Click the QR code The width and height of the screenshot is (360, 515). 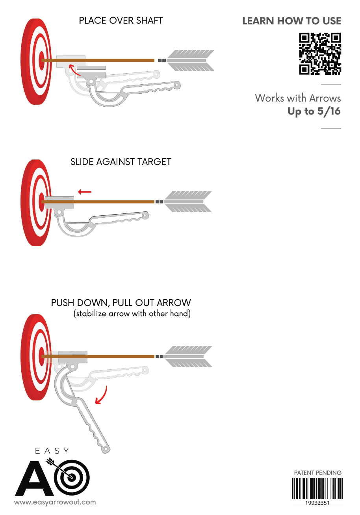[320, 54]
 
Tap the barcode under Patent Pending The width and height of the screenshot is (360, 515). [317, 489]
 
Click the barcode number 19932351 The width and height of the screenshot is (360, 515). [317, 503]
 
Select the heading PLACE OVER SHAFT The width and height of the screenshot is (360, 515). [121, 20]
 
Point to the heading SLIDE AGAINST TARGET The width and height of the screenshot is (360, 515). [121, 162]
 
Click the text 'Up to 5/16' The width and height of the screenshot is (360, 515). [314, 111]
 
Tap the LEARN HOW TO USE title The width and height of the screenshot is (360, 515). [291, 21]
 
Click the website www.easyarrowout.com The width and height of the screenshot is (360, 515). [55, 502]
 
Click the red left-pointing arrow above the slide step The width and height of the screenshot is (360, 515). [85, 192]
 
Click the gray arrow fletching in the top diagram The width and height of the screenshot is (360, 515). [191, 60]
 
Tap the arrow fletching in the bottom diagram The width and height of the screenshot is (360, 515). [188, 356]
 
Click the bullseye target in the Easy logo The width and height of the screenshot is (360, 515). [71, 477]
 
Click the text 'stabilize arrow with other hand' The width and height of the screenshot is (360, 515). [132, 314]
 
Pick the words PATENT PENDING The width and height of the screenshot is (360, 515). [317, 472]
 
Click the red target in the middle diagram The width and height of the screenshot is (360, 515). [37, 202]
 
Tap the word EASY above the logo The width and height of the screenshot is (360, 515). [52, 451]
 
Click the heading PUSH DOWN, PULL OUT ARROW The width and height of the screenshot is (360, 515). [121, 303]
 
